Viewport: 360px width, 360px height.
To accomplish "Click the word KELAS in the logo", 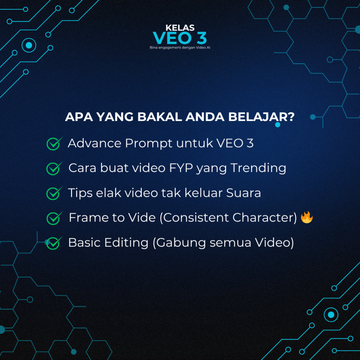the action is (180, 28).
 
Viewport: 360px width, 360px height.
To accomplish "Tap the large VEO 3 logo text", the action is (180, 38).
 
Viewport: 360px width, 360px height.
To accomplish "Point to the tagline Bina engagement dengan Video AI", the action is (180, 47).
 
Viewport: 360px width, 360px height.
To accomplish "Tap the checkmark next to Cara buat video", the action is (54, 168).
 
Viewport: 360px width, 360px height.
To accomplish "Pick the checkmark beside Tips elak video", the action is (54, 193).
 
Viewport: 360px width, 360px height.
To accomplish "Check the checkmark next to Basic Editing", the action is (54, 243).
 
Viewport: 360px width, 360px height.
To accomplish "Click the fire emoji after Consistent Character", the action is (307, 217).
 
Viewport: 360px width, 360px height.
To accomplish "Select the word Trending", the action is (258, 168).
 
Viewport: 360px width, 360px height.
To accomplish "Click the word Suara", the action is (243, 193).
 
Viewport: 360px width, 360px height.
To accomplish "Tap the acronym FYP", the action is (181, 168).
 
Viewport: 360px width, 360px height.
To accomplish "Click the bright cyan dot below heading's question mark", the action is (278, 125).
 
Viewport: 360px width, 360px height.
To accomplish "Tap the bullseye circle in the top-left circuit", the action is (29, 45).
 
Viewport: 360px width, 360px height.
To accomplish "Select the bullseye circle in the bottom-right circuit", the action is (331, 315).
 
